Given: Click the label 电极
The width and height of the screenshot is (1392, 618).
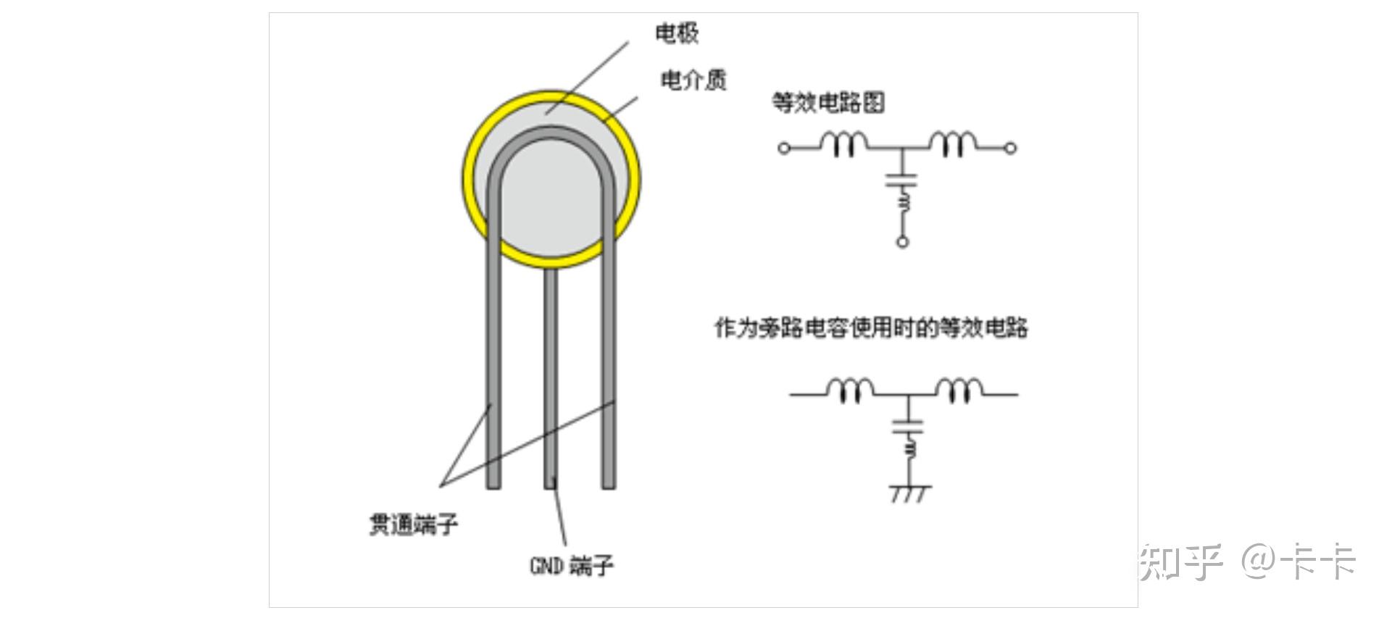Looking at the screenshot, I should point(677,33).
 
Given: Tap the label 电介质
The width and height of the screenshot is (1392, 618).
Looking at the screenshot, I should point(693,80).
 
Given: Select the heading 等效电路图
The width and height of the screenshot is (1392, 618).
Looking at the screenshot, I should point(828,102).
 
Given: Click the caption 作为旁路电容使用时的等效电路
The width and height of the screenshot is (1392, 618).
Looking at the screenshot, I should point(871,327).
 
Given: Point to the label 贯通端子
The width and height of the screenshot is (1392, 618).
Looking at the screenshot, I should point(414,524).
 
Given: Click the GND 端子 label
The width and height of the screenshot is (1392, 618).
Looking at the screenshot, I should point(572,565).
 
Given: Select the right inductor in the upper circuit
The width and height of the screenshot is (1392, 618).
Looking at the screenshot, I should point(953,144).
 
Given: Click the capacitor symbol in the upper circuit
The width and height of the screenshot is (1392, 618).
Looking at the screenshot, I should point(901,180).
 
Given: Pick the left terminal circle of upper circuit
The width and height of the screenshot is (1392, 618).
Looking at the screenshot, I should point(784,148).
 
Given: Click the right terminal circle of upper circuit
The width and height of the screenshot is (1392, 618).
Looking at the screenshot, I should point(1010,148).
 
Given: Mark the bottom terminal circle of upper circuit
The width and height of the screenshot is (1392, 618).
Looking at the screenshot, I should point(902,241).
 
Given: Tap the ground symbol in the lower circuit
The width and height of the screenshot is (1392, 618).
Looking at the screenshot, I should point(909,493).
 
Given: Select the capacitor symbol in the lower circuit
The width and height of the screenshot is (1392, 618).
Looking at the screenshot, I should point(909,425).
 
